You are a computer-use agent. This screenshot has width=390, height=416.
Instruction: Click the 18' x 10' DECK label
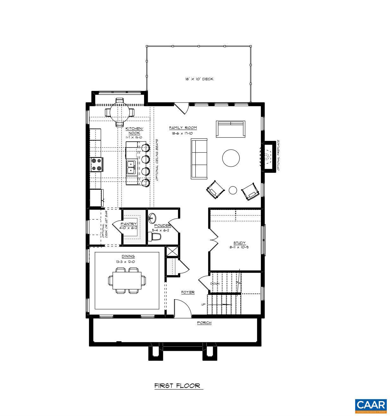[199, 79]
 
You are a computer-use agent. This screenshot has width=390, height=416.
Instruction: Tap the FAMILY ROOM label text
[183, 128]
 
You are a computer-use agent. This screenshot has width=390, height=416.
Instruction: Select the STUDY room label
[239, 243]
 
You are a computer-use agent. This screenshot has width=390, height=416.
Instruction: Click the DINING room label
[128, 256]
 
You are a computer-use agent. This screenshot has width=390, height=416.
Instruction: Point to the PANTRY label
[129, 224]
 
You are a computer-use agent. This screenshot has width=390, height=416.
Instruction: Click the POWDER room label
[162, 226]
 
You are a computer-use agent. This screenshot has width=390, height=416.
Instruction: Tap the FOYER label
[188, 292]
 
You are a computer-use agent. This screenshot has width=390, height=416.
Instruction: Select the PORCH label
[204, 323]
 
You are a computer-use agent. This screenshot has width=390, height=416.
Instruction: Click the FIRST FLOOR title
[177, 386]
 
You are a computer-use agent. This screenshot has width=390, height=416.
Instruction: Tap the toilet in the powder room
[155, 236]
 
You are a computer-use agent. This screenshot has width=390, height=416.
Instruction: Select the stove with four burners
[97, 165]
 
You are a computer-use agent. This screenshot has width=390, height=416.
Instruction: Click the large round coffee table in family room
[231, 158]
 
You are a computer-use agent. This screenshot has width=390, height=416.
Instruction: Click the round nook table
[120, 112]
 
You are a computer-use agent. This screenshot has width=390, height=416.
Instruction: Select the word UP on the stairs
[204, 305]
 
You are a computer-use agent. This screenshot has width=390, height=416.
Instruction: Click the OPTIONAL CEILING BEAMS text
[157, 160]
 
